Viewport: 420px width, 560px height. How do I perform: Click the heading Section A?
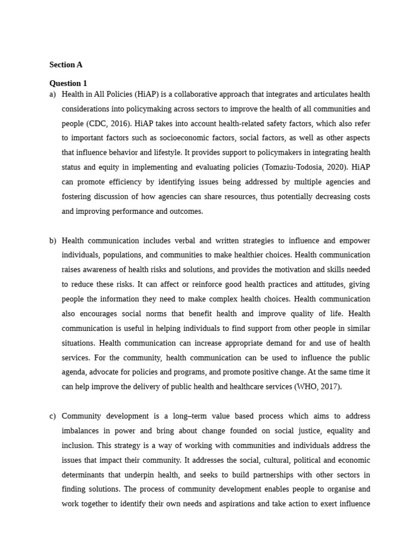(66, 65)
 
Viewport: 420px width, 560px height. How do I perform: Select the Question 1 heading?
(68, 83)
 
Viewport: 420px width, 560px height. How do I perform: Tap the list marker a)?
(52, 94)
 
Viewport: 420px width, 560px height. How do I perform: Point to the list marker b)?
(52, 241)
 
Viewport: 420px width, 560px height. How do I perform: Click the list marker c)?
(52, 416)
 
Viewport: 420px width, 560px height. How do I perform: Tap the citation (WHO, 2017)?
(318, 387)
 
